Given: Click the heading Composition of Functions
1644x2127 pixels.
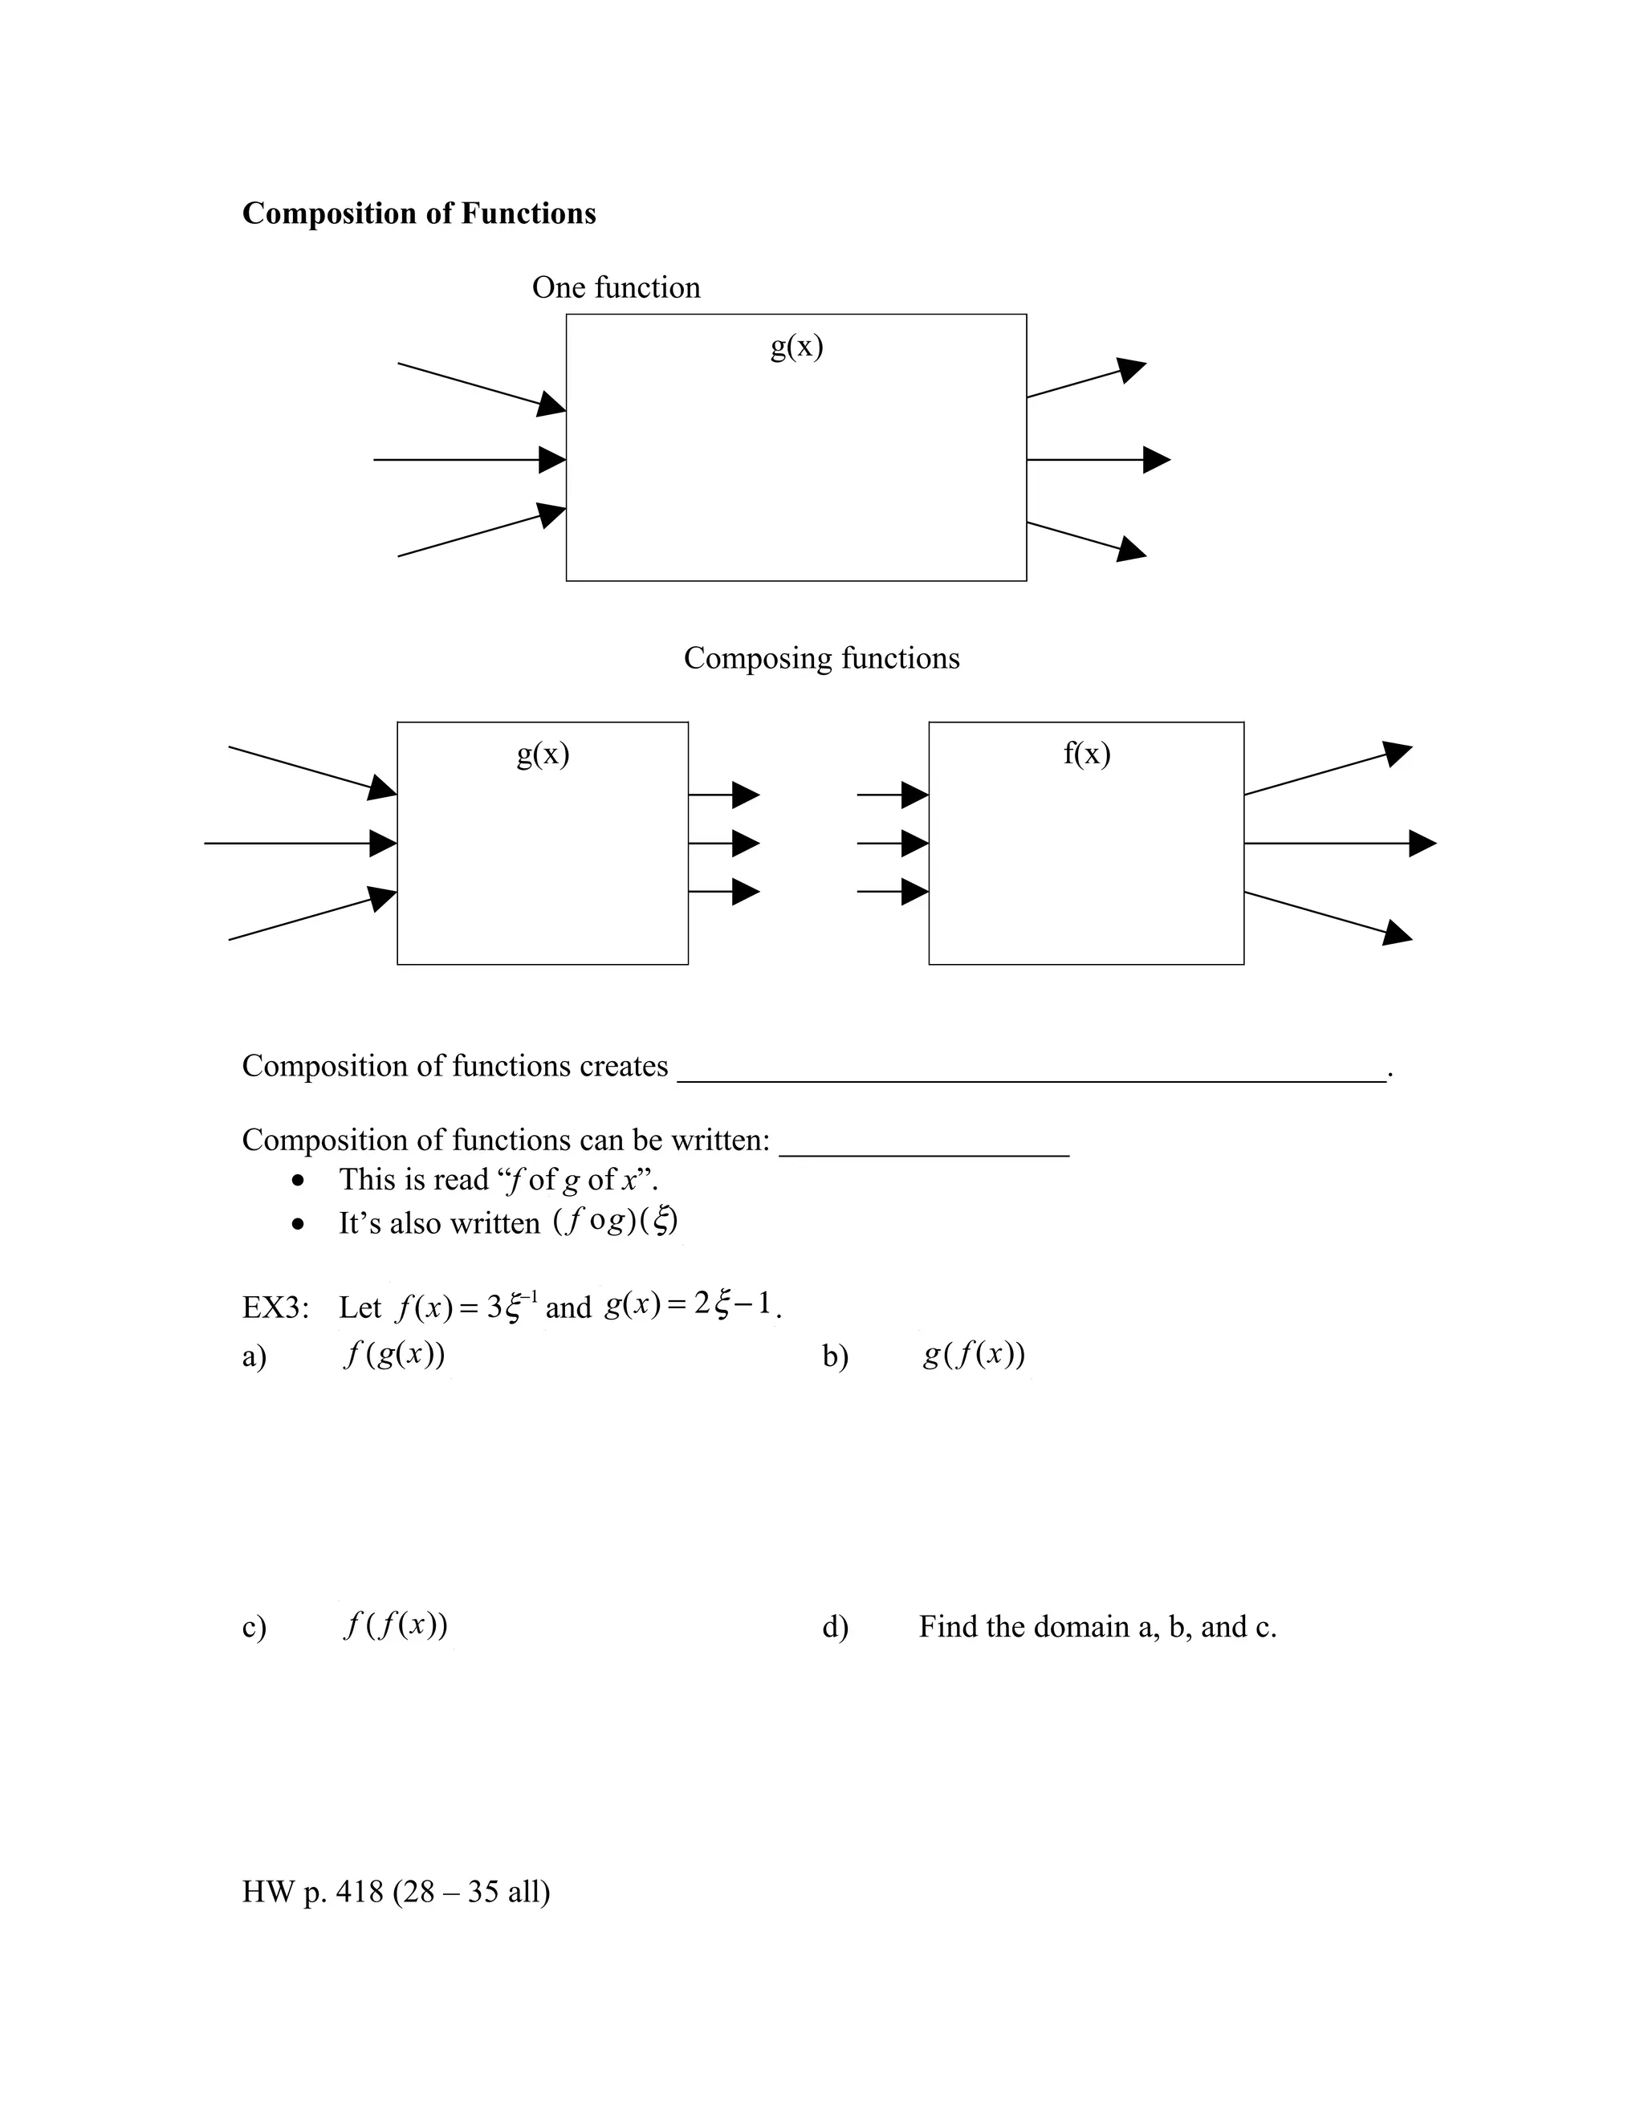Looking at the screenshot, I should [419, 214].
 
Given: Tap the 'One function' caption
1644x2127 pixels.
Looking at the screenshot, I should [616, 287].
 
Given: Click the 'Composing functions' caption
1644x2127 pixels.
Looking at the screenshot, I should [821, 658].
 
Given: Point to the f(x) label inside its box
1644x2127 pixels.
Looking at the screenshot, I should [1087, 753].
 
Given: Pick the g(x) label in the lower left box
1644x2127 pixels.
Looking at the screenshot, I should [543, 753].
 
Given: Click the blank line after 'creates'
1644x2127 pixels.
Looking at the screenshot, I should [1031, 1077].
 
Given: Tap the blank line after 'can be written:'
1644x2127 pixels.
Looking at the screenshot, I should [924, 1152].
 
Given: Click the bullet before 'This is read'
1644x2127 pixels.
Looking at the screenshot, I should [298, 1181].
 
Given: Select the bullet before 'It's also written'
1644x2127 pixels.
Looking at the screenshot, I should [298, 1224].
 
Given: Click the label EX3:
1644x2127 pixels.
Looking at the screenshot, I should [275, 1307].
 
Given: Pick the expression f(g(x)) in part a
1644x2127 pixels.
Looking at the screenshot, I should [393, 1355].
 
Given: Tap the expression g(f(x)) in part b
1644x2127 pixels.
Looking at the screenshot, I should [974, 1355].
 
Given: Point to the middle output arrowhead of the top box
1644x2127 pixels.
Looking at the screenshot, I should [1156, 460].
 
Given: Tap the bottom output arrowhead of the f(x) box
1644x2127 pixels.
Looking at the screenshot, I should [1398, 933].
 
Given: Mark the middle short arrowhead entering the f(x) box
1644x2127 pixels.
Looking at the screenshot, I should [914, 844].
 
